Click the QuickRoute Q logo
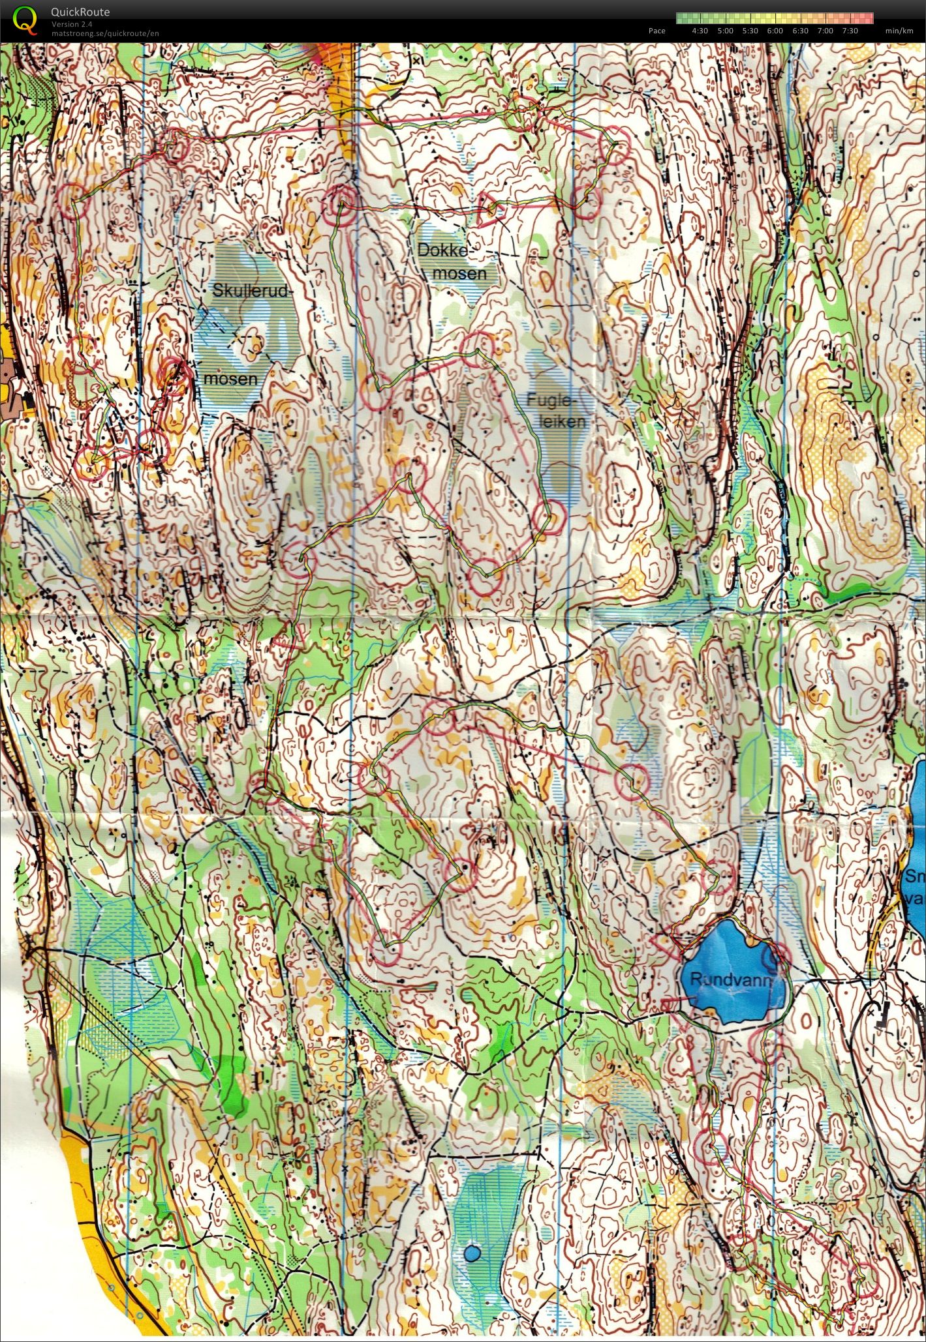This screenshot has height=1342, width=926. [x=25, y=20]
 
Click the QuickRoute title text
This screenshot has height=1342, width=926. [x=80, y=12]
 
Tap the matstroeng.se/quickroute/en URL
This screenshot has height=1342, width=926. [x=104, y=33]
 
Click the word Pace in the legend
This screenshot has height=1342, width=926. [x=656, y=31]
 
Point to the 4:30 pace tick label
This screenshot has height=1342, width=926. [x=700, y=31]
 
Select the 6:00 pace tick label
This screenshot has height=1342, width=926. [x=775, y=31]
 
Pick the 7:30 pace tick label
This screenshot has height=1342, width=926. [x=850, y=31]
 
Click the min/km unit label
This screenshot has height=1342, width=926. [x=899, y=31]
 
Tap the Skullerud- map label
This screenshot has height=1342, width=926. [x=249, y=291]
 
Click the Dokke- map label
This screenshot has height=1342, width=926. [x=443, y=250]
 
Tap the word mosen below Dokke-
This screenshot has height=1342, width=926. [x=459, y=273]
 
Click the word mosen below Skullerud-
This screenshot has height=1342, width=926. [x=230, y=378]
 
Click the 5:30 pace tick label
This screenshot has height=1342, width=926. [x=750, y=31]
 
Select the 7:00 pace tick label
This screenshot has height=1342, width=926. [x=825, y=31]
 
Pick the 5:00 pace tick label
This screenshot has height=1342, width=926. [x=725, y=31]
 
